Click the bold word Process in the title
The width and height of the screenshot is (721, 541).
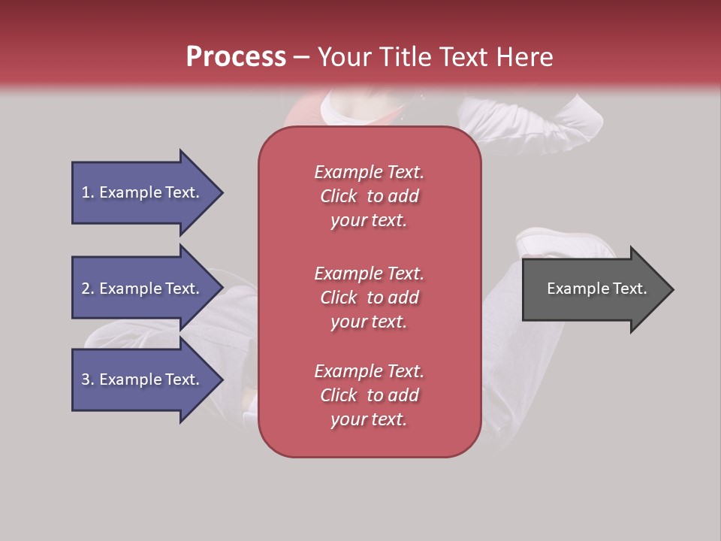[236, 57]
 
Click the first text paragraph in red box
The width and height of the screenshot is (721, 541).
[369, 196]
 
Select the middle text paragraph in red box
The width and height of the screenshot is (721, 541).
[369, 298]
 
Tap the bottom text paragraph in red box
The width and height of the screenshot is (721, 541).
[369, 395]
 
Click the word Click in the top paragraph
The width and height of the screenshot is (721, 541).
[338, 196]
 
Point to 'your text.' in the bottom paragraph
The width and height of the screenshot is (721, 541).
[369, 419]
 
